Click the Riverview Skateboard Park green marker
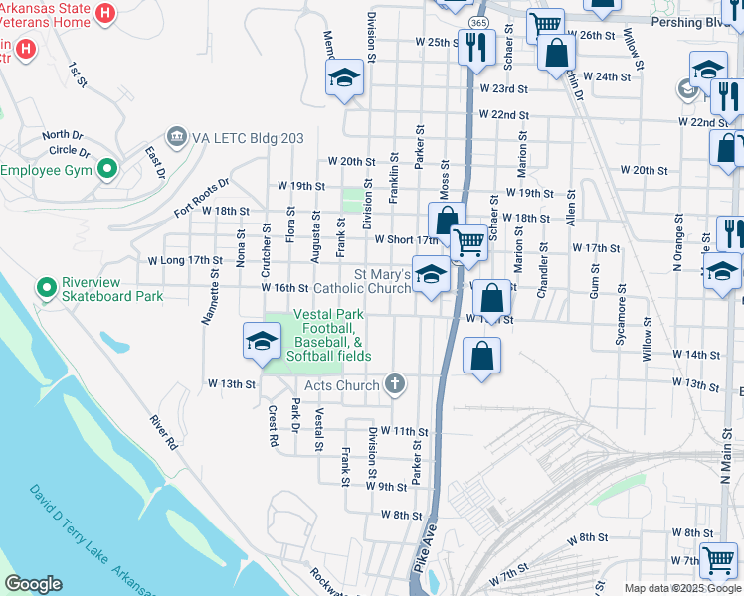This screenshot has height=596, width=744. pyautogui.click(x=45, y=288)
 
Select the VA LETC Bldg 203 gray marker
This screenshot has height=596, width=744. pyautogui.click(x=177, y=134)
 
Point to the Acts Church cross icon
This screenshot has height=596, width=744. pyautogui.click(x=395, y=384)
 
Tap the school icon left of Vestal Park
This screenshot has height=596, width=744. pyautogui.click(x=262, y=342)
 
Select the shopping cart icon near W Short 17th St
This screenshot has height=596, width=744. pyautogui.click(x=468, y=242)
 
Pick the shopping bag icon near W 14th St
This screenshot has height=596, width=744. pyautogui.click(x=481, y=358)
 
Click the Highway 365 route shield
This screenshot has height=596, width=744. pyautogui.click(x=479, y=22)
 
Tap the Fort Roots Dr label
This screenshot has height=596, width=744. pyautogui.click(x=202, y=197)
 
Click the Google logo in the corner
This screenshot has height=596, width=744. pyautogui.click(x=33, y=584)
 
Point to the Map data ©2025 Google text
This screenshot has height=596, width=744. pyautogui.click(x=681, y=588)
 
